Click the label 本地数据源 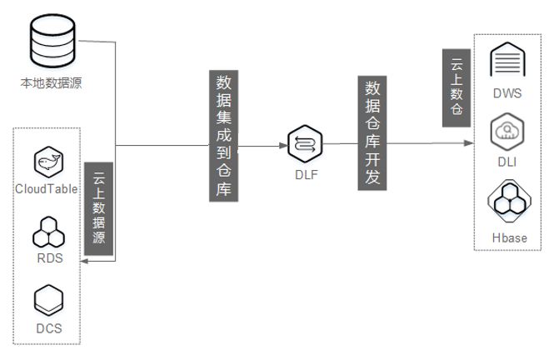click(x=51, y=83)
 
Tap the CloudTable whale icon click(x=48, y=162)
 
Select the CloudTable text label click(x=47, y=189)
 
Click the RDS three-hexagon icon click(x=49, y=232)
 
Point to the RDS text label click(x=49, y=258)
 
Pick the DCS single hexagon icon click(x=49, y=298)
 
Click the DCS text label click(x=49, y=327)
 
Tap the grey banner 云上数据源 click(x=100, y=208)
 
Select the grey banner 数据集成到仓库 click(x=224, y=136)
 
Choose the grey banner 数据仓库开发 click(x=372, y=133)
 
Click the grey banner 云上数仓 click(x=456, y=87)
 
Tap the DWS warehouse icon click(x=507, y=62)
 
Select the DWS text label click(x=507, y=93)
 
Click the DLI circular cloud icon click(x=507, y=132)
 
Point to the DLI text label click(x=507, y=162)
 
